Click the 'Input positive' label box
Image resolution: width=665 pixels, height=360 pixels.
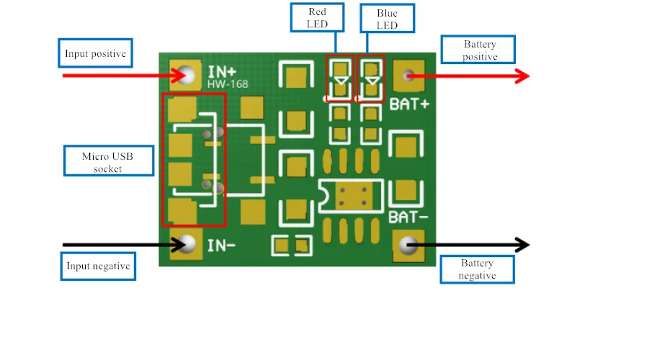95,53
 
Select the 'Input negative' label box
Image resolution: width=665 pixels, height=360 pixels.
98,266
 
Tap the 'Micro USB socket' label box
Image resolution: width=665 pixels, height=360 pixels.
109,161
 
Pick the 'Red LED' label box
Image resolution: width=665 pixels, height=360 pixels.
317,17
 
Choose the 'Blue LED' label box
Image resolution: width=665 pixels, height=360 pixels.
387,18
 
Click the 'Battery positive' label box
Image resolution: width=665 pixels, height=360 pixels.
478,50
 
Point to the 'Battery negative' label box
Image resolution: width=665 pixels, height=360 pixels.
477,269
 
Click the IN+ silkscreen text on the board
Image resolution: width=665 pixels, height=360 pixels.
222,72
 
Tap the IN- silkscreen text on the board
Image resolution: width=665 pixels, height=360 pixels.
221,245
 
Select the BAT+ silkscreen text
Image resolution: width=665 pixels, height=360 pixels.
409,104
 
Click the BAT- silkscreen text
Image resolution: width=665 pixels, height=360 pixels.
408,217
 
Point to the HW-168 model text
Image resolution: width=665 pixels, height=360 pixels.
228,84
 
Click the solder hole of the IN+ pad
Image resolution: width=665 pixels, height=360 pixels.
186,76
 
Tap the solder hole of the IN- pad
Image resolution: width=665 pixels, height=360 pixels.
186,244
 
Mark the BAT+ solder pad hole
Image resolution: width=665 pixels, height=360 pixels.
409,76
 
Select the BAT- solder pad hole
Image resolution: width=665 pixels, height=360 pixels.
409,245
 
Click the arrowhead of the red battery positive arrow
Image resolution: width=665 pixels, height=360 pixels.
522,76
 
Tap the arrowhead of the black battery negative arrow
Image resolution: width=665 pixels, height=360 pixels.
522,245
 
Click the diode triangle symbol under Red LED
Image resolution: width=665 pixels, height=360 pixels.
341,81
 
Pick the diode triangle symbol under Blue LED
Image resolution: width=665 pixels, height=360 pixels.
372,81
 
